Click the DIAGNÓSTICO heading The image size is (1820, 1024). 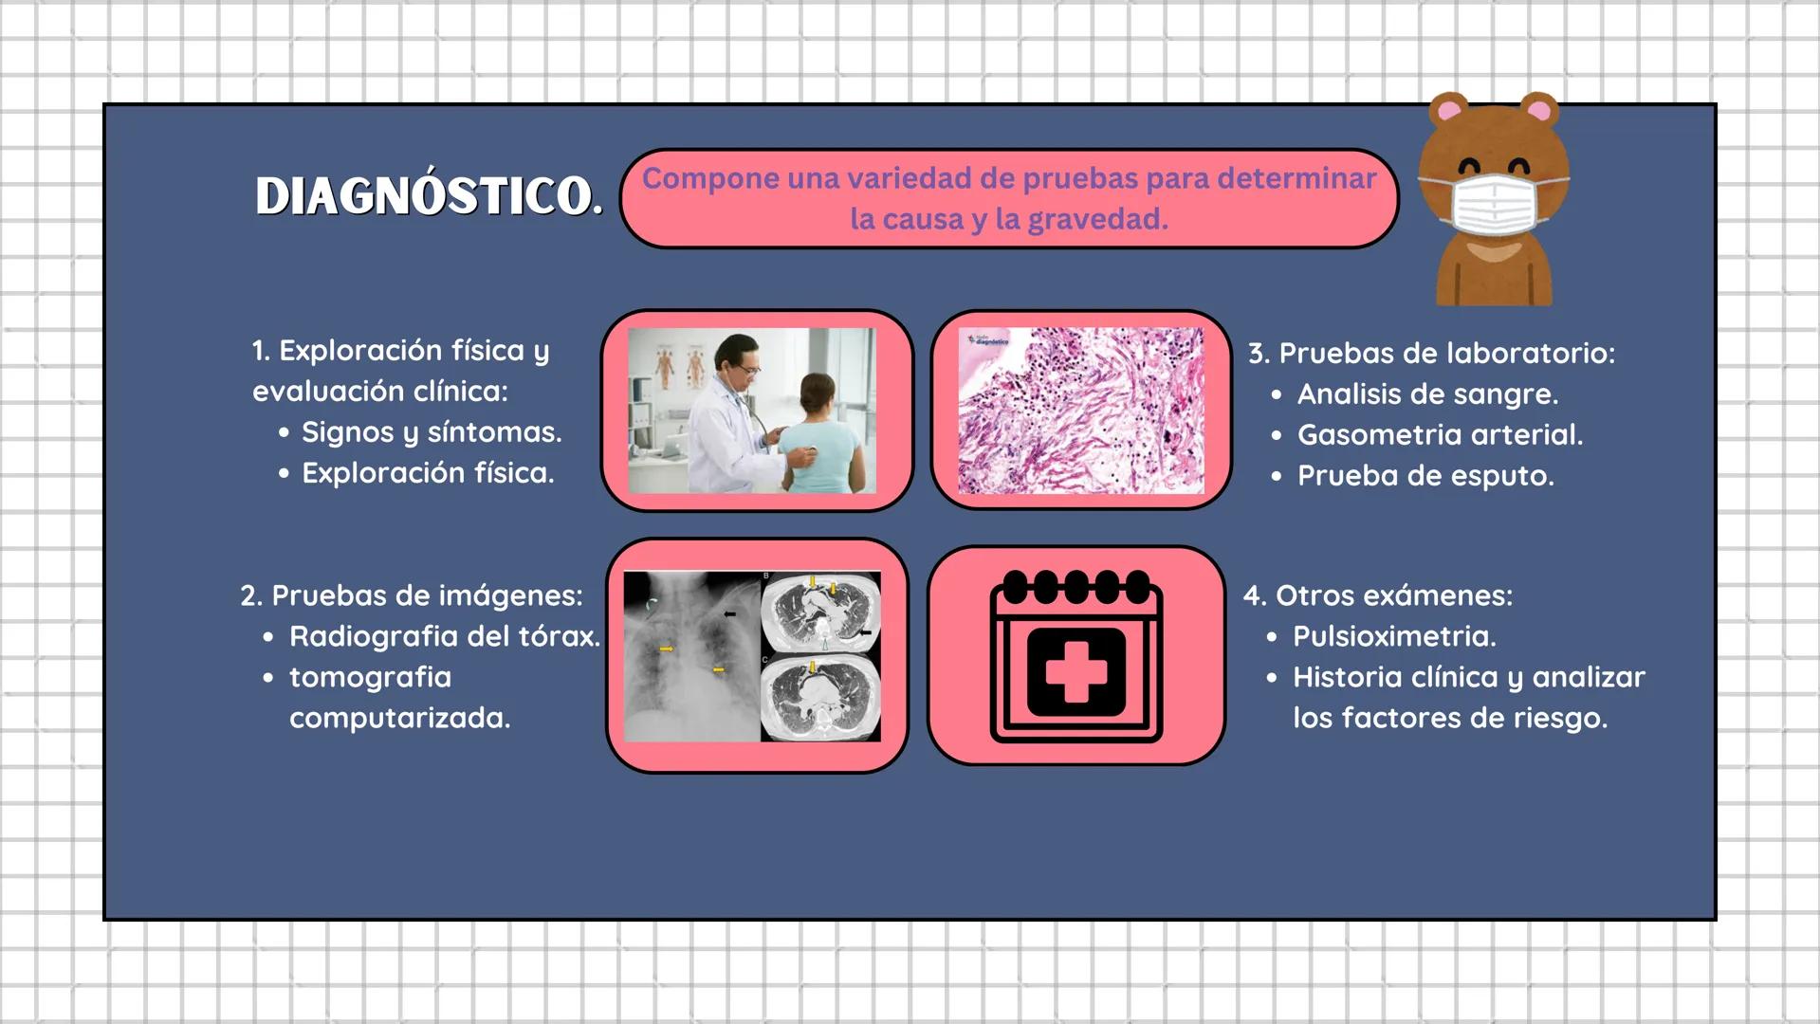point(427,196)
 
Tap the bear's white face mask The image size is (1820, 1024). point(1493,204)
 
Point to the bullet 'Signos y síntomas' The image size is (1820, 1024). point(432,432)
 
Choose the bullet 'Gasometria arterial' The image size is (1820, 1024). point(1440,435)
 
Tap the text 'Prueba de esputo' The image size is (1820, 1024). point(1425,476)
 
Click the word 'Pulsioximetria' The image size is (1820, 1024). point(1394,636)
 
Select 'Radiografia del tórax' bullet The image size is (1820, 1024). point(444,636)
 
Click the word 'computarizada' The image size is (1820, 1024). point(399,719)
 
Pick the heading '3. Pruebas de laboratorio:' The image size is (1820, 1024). point(1431,354)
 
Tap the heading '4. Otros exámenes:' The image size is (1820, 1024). point(1378,595)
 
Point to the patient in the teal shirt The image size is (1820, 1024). point(817,436)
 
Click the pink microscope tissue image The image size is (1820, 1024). point(1080,411)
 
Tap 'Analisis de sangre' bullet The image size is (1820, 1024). point(1427,394)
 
